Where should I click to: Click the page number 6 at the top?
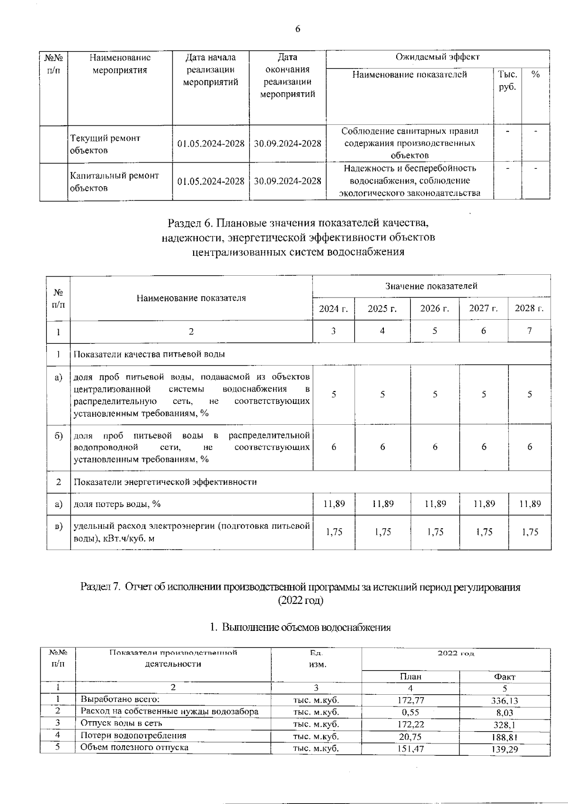pyautogui.click(x=298, y=29)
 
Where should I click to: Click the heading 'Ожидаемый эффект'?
pyautogui.click(x=437, y=57)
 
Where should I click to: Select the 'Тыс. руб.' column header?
pyautogui.click(x=507, y=81)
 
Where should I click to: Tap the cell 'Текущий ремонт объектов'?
pyautogui.click(x=106, y=144)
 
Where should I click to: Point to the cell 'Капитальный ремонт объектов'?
pyautogui.click(x=115, y=182)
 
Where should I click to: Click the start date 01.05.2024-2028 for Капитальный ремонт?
pyautogui.click(x=211, y=181)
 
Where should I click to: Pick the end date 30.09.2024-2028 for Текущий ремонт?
pyautogui.click(x=287, y=144)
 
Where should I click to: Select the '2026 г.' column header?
pyautogui.click(x=435, y=309)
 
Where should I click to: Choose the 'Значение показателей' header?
pyautogui.click(x=431, y=286)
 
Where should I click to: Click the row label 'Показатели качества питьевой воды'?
pyautogui.click(x=149, y=354)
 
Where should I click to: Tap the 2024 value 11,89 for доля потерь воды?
pyautogui.click(x=334, y=504)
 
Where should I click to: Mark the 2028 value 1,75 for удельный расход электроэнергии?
pyautogui.click(x=530, y=532)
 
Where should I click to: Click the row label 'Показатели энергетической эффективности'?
pyautogui.click(x=165, y=482)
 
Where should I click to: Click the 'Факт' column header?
pyautogui.click(x=505, y=677)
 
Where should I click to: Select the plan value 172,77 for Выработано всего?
pyautogui.click(x=410, y=700)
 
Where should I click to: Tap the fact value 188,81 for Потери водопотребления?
pyautogui.click(x=505, y=737)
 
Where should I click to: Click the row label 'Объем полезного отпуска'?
pyautogui.click(x=134, y=748)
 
